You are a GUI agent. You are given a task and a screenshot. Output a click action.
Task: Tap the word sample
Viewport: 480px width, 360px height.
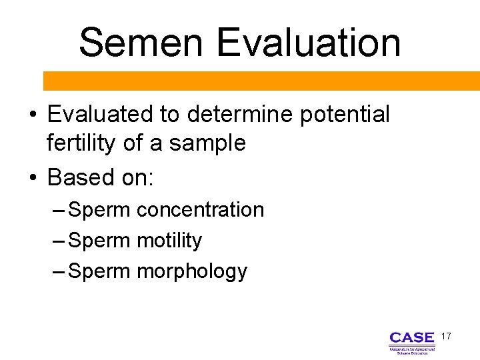point(208,143)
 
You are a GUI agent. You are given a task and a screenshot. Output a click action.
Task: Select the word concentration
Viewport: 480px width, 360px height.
point(200,210)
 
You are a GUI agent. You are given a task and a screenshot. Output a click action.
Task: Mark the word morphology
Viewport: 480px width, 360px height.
point(191,271)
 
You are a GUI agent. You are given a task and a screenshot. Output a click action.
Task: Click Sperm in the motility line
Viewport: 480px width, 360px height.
point(100,241)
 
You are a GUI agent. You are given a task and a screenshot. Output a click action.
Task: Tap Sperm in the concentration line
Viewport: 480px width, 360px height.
point(100,210)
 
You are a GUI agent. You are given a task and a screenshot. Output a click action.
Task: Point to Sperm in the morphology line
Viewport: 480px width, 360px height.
point(100,271)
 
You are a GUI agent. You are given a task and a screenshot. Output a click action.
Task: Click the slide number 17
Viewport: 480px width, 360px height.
point(445,337)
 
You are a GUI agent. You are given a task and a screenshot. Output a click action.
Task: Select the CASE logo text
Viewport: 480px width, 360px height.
point(411,338)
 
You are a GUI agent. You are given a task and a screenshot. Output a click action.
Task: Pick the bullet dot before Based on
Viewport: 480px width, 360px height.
point(33,179)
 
